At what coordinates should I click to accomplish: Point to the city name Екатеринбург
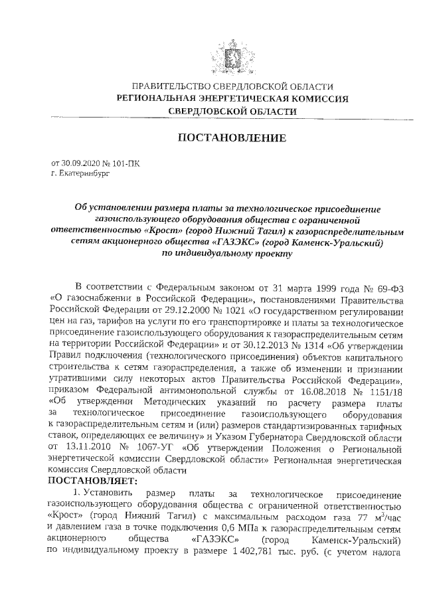78,172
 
